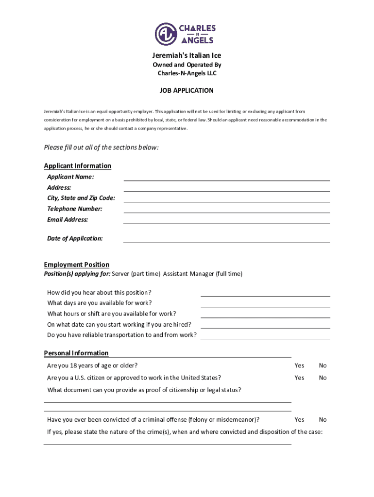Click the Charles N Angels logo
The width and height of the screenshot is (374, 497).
pos(187,33)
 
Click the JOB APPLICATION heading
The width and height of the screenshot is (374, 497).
pos(187,90)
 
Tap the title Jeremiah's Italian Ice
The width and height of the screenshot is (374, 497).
pos(187,56)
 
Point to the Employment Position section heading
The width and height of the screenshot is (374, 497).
pos(77,265)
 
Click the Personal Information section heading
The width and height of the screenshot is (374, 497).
pos(76,353)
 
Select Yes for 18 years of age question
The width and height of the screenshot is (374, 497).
pos(299,365)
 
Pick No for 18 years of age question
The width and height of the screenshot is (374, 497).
pos(323,365)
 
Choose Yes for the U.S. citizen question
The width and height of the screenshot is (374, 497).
pos(299,378)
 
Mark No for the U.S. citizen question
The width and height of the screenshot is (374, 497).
pos(323,378)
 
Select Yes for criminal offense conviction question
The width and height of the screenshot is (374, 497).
pos(299,419)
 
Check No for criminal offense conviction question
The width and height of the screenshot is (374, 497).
pos(323,419)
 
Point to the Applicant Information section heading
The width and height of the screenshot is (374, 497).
pos(78,166)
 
